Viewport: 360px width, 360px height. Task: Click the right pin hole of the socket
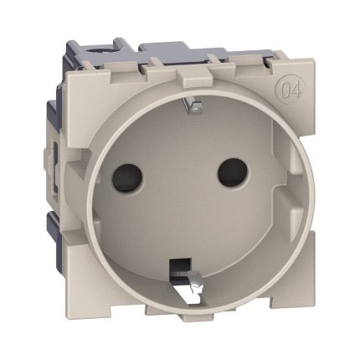[232, 172]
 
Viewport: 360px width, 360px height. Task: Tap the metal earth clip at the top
[192, 105]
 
